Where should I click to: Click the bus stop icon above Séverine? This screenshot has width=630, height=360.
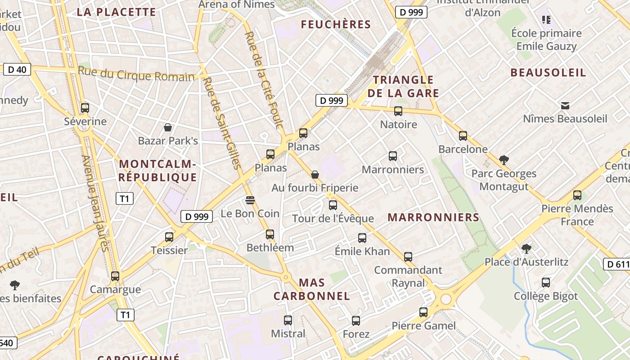point(85,108)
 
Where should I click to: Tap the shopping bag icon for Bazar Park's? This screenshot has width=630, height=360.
point(168,127)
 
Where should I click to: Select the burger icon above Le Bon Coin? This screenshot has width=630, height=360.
point(250,200)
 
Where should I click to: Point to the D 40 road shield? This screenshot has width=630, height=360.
point(17,69)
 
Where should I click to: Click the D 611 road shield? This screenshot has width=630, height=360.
point(617,264)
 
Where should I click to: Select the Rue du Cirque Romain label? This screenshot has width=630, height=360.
point(136,74)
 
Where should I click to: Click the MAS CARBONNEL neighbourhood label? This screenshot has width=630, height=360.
point(311,289)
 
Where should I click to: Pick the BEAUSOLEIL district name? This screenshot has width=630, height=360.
point(548,72)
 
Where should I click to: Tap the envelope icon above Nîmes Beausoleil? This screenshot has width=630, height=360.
point(565,106)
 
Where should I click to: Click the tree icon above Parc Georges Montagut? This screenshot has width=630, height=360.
point(504,160)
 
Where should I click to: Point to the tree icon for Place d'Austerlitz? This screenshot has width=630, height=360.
point(526,248)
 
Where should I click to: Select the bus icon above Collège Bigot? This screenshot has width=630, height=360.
point(546,283)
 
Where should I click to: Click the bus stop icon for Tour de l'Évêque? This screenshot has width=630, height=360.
point(333,205)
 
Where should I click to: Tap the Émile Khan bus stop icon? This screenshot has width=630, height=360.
point(362,238)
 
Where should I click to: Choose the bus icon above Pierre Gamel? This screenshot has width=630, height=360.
point(423,312)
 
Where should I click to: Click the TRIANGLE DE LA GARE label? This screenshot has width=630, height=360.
point(403,86)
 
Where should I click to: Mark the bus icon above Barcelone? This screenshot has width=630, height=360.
point(463,135)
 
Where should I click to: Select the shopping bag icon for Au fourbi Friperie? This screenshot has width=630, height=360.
point(315,174)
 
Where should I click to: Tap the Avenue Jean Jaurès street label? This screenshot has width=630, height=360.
point(95,203)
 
